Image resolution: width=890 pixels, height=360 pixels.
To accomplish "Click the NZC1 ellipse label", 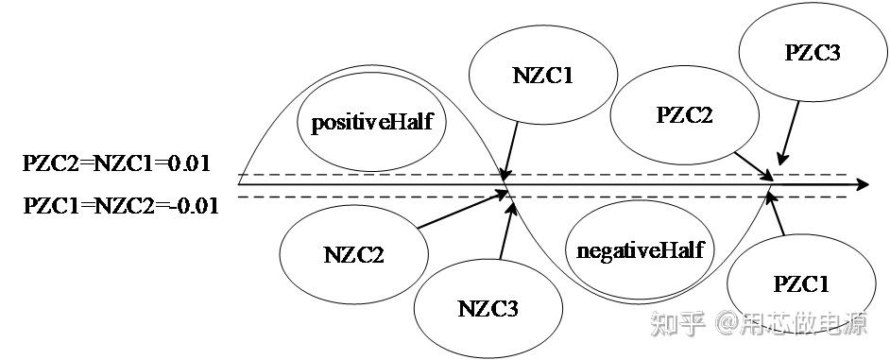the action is (542, 77).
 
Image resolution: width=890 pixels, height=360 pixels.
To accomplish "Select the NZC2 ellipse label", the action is (353, 254).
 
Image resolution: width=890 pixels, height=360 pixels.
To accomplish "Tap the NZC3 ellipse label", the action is (488, 308).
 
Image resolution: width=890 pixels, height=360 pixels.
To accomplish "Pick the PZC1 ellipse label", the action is (801, 283).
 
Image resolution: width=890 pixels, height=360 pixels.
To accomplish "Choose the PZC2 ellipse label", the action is (684, 115).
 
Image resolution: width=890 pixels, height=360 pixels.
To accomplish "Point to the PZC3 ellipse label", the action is (813, 53).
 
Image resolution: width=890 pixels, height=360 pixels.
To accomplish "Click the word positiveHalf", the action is (372, 123).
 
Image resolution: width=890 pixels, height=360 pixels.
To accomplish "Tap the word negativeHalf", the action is (640, 250).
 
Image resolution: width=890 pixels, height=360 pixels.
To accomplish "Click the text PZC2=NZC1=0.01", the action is (116, 163).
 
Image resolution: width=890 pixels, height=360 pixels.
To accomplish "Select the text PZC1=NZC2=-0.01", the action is (121, 205).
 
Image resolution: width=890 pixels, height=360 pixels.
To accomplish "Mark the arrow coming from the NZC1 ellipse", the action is (510, 150).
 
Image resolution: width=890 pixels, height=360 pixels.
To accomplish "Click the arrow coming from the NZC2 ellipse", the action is (462, 210).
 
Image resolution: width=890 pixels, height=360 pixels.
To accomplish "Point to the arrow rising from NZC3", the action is (506, 231).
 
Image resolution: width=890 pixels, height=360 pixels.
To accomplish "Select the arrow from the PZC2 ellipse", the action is (753, 165).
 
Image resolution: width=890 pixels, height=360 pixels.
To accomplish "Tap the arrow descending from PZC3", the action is (789, 133).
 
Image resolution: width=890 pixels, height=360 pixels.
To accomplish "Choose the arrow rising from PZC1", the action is (776, 214).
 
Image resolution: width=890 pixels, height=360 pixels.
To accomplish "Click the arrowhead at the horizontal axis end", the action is (862, 184).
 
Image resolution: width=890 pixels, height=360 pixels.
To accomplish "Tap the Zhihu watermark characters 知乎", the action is (677, 324).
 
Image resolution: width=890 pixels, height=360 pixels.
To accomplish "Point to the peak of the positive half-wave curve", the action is (372, 65).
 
